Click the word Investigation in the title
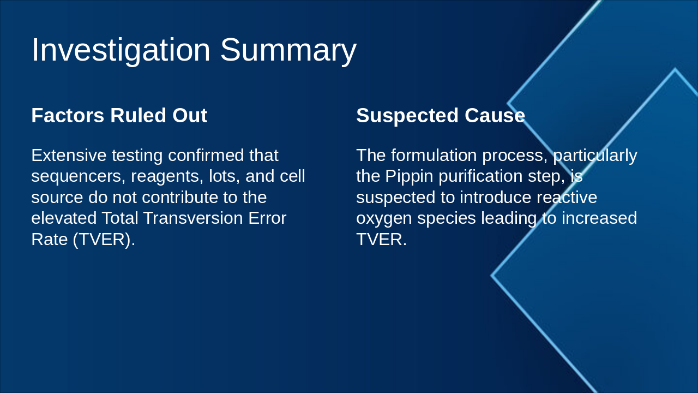pos(121,50)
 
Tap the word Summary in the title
pos(288,50)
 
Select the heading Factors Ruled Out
pos(119,115)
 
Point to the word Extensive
pos(69,156)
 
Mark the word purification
pos(480,176)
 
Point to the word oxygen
pos(384,219)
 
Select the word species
pos(447,219)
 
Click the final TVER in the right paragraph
pos(381,240)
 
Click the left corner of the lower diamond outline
pos(491,276)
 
